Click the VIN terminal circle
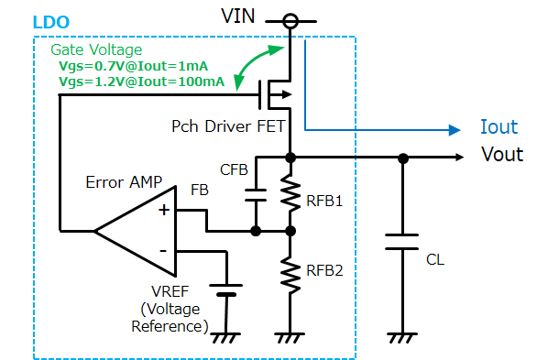(x=290, y=21)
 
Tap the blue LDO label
(x=51, y=22)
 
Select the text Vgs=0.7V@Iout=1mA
(x=133, y=66)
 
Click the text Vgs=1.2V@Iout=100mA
(x=141, y=82)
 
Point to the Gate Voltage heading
(x=96, y=49)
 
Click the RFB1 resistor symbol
(x=290, y=193)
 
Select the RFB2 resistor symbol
(x=290, y=275)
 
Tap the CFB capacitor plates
(x=256, y=195)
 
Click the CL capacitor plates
(x=402, y=242)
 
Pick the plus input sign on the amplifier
(x=164, y=210)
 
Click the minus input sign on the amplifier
(x=163, y=251)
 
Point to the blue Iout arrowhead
(x=455, y=130)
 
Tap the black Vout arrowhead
(x=459, y=158)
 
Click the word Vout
(x=502, y=154)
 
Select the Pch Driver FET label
(x=228, y=126)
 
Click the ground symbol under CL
(x=402, y=338)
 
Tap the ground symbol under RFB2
(x=290, y=338)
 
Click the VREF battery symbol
(x=226, y=290)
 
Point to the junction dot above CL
(x=403, y=158)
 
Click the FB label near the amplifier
(x=200, y=191)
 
